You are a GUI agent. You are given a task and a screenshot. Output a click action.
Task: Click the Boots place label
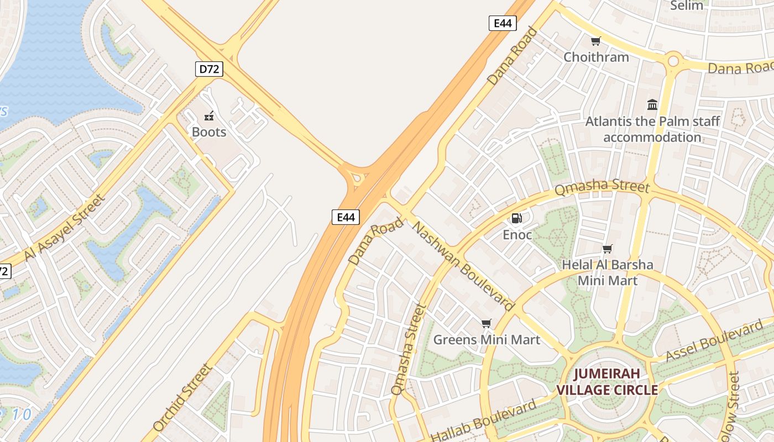(209, 132)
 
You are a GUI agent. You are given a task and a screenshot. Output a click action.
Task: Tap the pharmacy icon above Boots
(209, 116)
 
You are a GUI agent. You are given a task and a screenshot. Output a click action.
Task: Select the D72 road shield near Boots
(210, 69)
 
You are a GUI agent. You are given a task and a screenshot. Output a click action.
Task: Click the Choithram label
(596, 57)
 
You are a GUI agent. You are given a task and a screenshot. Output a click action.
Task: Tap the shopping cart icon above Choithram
(595, 41)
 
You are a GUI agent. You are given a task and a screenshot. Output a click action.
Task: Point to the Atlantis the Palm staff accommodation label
(652, 129)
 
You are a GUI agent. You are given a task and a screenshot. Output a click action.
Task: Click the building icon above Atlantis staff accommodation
(652, 104)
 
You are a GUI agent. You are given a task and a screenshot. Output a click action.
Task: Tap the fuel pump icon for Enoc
(517, 218)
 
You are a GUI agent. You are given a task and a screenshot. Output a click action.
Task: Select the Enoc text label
(517, 235)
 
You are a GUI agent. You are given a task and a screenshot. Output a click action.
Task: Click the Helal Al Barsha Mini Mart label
(608, 272)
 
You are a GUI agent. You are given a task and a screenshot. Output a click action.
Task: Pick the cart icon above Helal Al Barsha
(608, 249)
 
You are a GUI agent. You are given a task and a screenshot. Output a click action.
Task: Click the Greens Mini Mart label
(487, 339)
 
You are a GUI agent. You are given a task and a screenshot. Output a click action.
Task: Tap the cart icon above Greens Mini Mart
(486, 323)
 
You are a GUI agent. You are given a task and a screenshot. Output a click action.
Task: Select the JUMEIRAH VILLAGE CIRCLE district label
(606, 382)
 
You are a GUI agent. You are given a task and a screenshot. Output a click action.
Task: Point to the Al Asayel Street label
(65, 228)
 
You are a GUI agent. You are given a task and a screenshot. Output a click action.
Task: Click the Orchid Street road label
(182, 397)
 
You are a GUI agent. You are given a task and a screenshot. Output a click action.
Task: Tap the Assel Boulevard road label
(714, 342)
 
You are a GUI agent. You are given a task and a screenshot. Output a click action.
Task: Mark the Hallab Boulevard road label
(483, 420)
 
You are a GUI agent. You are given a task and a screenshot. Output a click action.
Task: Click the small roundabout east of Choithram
(673, 60)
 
